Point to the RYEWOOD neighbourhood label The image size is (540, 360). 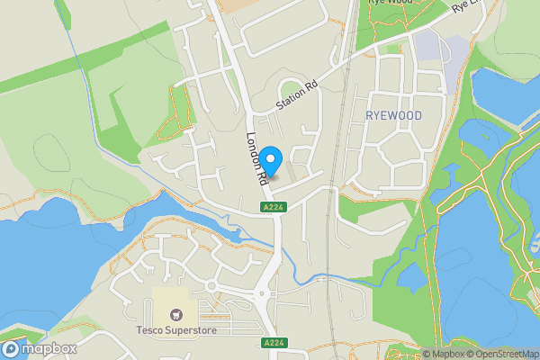[x=393, y=115]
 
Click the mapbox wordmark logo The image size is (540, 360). [x=38, y=348]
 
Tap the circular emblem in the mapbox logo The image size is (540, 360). [x=12, y=348]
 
